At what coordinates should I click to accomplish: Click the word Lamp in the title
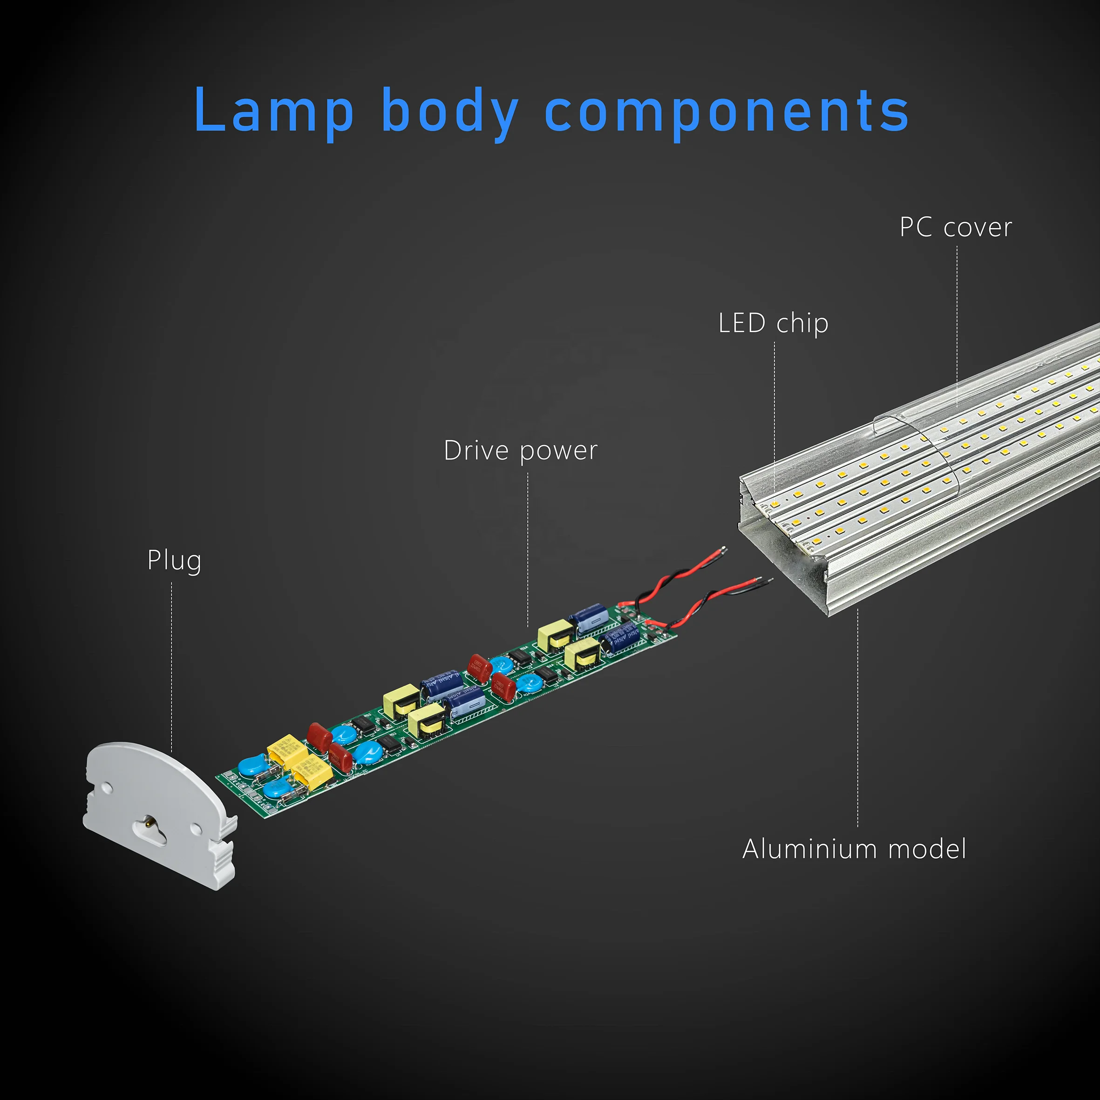(x=274, y=111)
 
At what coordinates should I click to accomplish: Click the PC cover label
(x=955, y=227)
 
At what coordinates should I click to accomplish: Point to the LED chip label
(x=773, y=323)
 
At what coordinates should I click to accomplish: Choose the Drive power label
(x=520, y=451)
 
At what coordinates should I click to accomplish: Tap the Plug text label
(x=174, y=561)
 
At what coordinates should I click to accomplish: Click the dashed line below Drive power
(x=528, y=547)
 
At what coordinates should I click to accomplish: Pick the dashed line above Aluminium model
(x=857, y=723)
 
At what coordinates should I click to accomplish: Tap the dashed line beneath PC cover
(x=957, y=325)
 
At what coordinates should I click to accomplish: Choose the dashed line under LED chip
(x=774, y=415)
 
